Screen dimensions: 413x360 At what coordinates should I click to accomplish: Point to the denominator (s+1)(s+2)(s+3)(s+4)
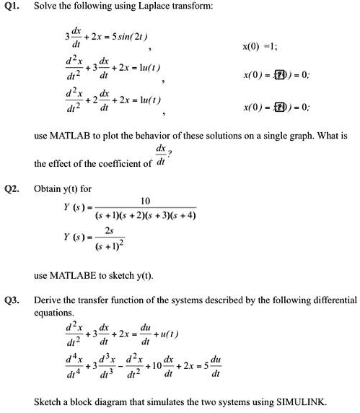146,215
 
